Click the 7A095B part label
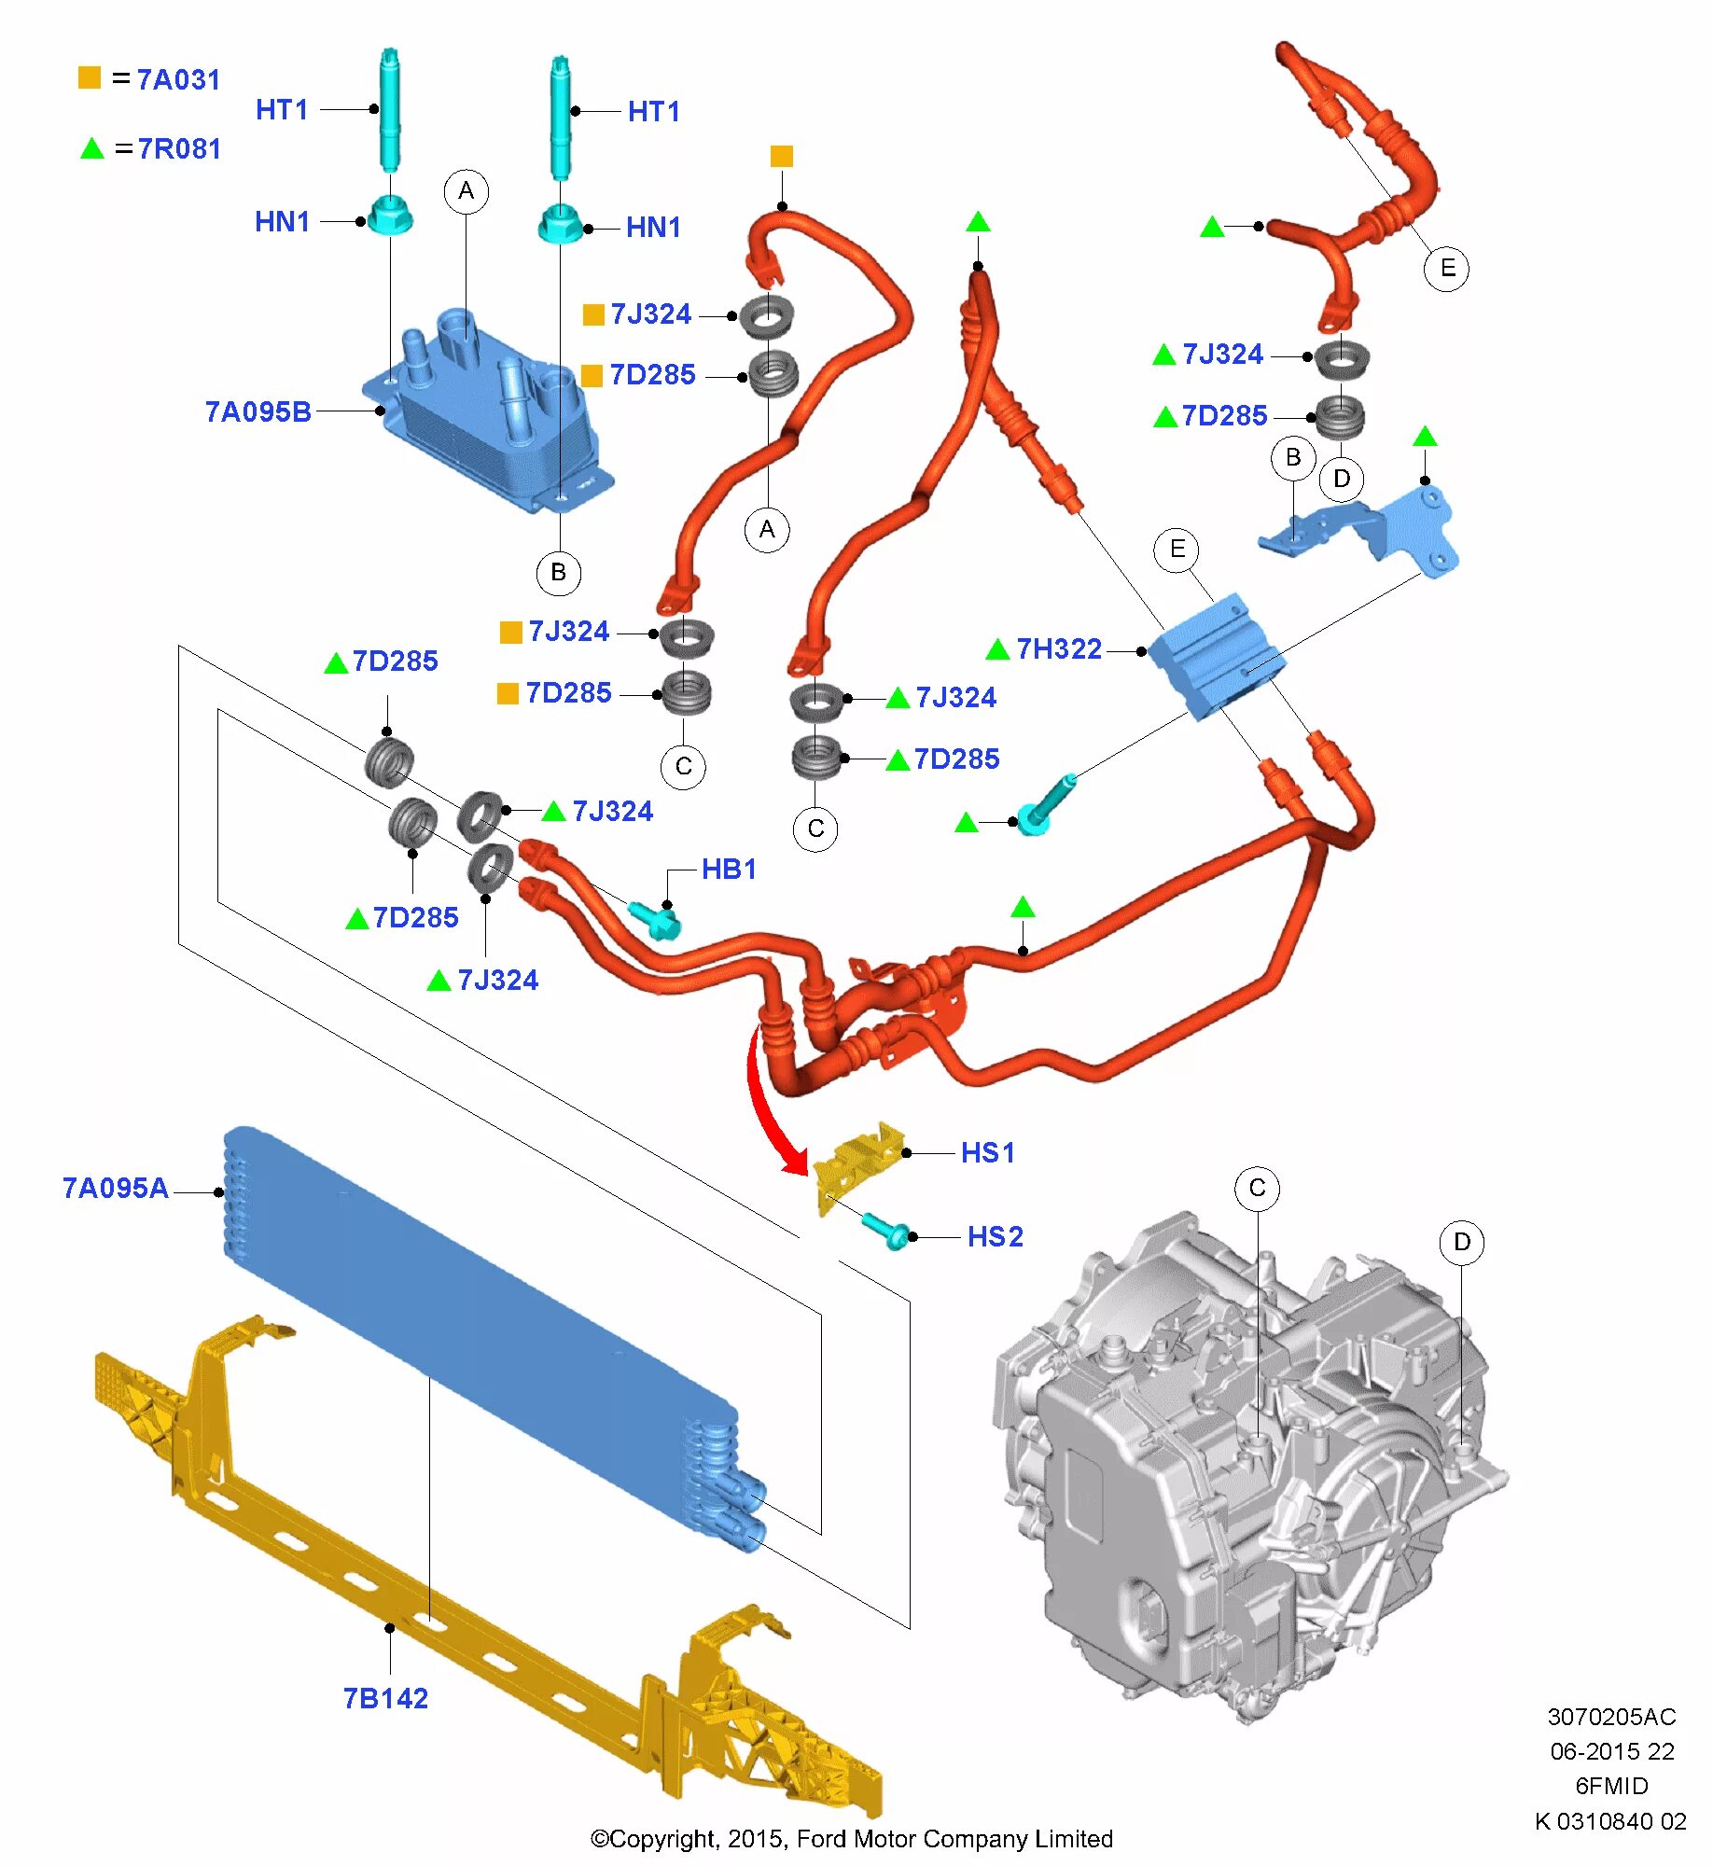(258, 411)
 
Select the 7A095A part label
(115, 1188)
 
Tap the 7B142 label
(385, 1698)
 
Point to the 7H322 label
(1059, 648)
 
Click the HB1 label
(729, 869)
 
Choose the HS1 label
(988, 1152)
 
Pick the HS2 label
(996, 1236)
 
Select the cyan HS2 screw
(884, 1230)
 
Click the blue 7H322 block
(1213, 653)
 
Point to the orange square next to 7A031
(90, 77)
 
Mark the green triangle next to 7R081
(91, 148)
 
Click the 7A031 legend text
(178, 79)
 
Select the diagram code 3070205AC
(1611, 1717)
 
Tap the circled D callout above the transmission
(1461, 1242)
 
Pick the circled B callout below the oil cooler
(558, 572)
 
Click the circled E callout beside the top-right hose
(1446, 269)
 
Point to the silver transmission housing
(1241, 1474)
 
